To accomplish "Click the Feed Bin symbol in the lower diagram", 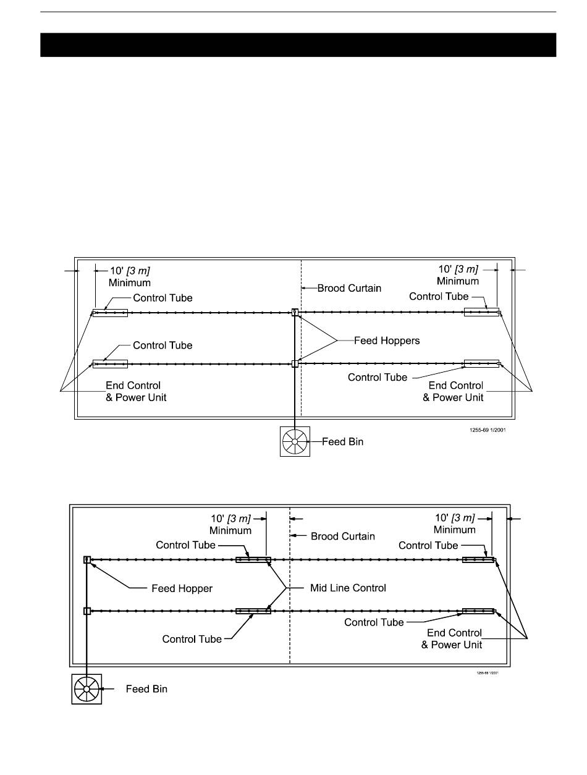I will click(87, 688).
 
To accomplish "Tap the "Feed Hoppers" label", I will click(386, 341).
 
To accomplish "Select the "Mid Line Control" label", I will click(348, 588).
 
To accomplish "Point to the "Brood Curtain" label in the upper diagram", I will click(349, 288).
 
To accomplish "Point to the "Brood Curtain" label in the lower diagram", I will click(342, 536).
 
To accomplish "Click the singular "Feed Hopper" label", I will click(182, 588).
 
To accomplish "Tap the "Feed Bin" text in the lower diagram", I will click(146, 688).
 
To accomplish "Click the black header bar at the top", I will click(298, 45).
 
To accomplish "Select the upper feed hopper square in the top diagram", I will click(295, 313).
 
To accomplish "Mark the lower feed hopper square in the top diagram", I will click(295, 363).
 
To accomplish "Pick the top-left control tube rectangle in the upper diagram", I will click(110, 313).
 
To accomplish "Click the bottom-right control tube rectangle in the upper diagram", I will click(481, 363).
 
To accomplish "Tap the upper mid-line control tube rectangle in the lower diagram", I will click(253, 560).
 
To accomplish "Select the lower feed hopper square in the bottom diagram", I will click(87, 611).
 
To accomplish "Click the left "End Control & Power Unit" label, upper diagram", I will click(136, 391).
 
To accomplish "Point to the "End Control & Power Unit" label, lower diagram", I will click(454, 638).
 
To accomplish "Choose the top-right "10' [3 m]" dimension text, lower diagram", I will click(455, 518).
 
